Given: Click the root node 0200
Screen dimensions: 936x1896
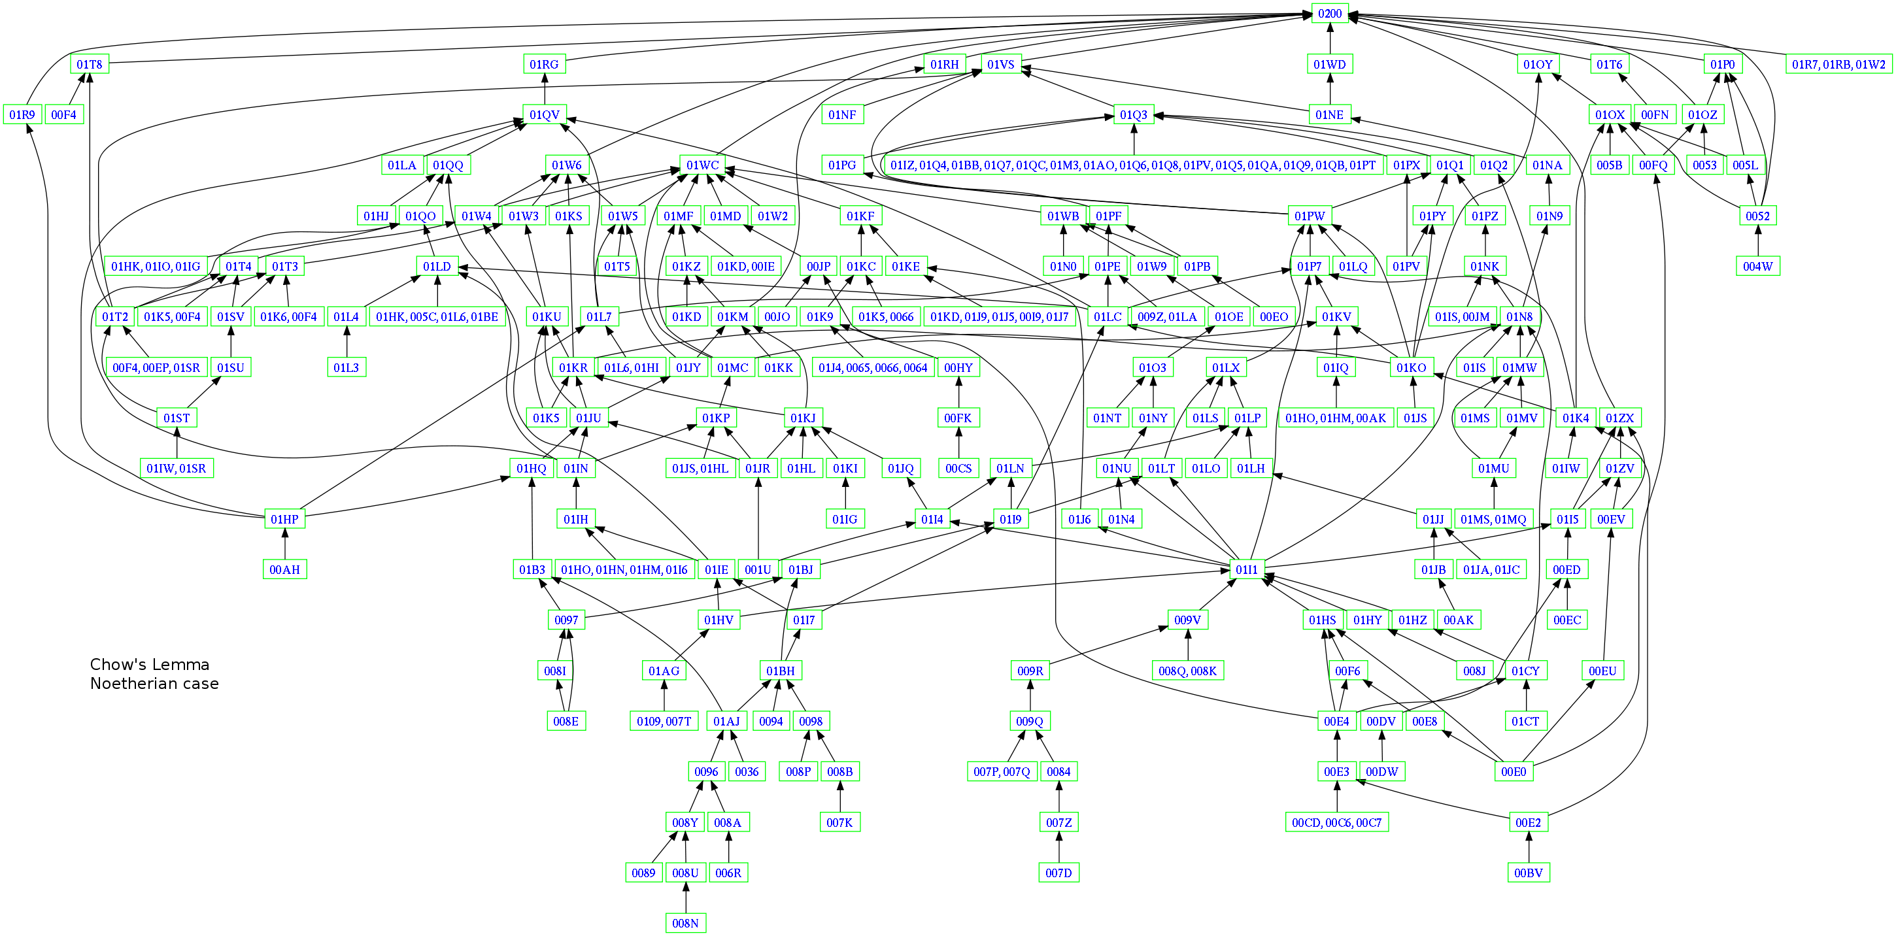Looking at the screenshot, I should click(x=1329, y=13).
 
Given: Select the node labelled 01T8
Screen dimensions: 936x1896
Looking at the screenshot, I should click(x=90, y=64).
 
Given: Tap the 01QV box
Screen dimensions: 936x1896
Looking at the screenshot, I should click(x=544, y=115).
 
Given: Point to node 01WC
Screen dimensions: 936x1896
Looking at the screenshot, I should click(x=702, y=165).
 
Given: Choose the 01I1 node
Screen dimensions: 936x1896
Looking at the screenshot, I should click(x=1246, y=569).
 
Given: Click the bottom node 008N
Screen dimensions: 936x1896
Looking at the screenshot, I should click(x=685, y=923).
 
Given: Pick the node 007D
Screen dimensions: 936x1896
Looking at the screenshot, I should click(x=1058, y=873).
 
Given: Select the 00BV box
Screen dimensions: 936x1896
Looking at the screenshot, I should click(x=1528, y=873).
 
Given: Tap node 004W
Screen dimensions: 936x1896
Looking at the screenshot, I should click(x=1757, y=267).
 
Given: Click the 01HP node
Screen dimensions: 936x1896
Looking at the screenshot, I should click(x=284, y=519).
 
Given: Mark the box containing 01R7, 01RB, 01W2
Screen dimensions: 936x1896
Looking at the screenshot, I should click(x=1838, y=64).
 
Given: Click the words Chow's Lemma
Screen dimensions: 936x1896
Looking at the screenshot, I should click(x=150, y=665).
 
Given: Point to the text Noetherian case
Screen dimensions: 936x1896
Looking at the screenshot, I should click(x=154, y=684).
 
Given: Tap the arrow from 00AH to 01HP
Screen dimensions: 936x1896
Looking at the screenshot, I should click(x=284, y=544).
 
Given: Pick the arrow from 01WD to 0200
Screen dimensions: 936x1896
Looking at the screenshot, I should click(x=1329, y=39).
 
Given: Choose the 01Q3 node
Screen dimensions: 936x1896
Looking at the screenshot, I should click(x=1134, y=115).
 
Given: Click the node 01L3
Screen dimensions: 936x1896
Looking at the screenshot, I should click(x=346, y=367).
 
